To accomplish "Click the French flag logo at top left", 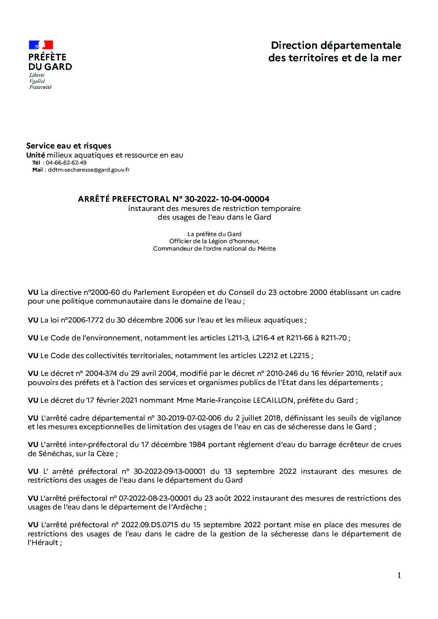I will pos(41,45).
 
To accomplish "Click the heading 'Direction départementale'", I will pos(336,45).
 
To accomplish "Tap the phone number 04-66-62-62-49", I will pos(66,163).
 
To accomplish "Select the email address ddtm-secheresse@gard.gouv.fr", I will pos(89,170).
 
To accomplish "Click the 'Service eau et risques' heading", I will pos(69,146).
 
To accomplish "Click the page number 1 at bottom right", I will pos(399,575).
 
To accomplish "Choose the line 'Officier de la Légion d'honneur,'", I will pos(214,241).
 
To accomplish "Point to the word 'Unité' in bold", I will pos(36,155).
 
